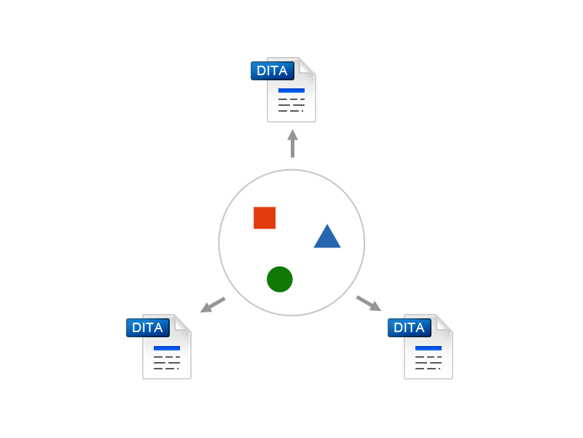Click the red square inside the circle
(x=265, y=218)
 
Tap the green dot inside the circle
(x=280, y=280)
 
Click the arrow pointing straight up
(x=293, y=143)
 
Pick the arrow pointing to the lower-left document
(x=213, y=304)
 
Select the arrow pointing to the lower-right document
(x=369, y=303)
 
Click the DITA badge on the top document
(x=273, y=71)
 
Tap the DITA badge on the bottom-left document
(x=148, y=328)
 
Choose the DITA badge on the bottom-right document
(x=410, y=328)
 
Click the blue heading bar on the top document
(x=291, y=91)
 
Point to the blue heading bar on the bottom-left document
(x=167, y=348)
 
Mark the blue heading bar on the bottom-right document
(x=429, y=348)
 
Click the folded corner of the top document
(x=307, y=66)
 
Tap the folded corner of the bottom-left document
(x=182, y=323)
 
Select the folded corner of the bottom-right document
(x=444, y=323)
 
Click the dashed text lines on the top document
(x=291, y=105)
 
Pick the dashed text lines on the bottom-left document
(x=167, y=363)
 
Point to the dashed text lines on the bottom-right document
(x=429, y=363)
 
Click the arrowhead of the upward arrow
(x=293, y=135)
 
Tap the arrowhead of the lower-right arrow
(x=375, y=307)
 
